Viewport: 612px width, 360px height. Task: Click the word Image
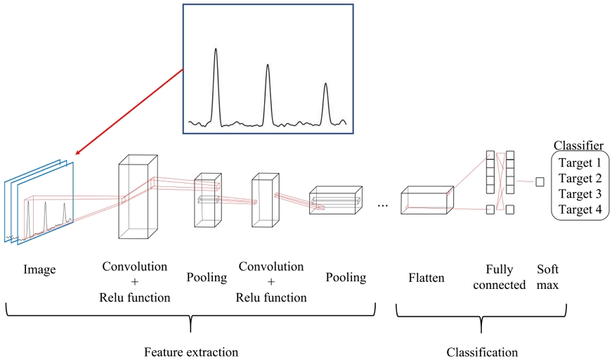point(39,269)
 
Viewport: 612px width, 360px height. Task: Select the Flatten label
point(427,278)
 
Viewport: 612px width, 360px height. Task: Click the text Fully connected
point(499,277)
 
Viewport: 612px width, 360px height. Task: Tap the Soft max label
point(548,277)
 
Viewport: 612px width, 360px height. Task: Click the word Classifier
point(578,146)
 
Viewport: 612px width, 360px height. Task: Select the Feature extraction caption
point(191,352)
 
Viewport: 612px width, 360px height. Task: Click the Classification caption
point(482,352)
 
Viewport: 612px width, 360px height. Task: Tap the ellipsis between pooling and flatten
point(383,205)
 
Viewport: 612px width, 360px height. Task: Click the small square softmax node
point(540,182)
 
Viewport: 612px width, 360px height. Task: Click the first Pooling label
point(207,278)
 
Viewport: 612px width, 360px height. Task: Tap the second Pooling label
point(346,278)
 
